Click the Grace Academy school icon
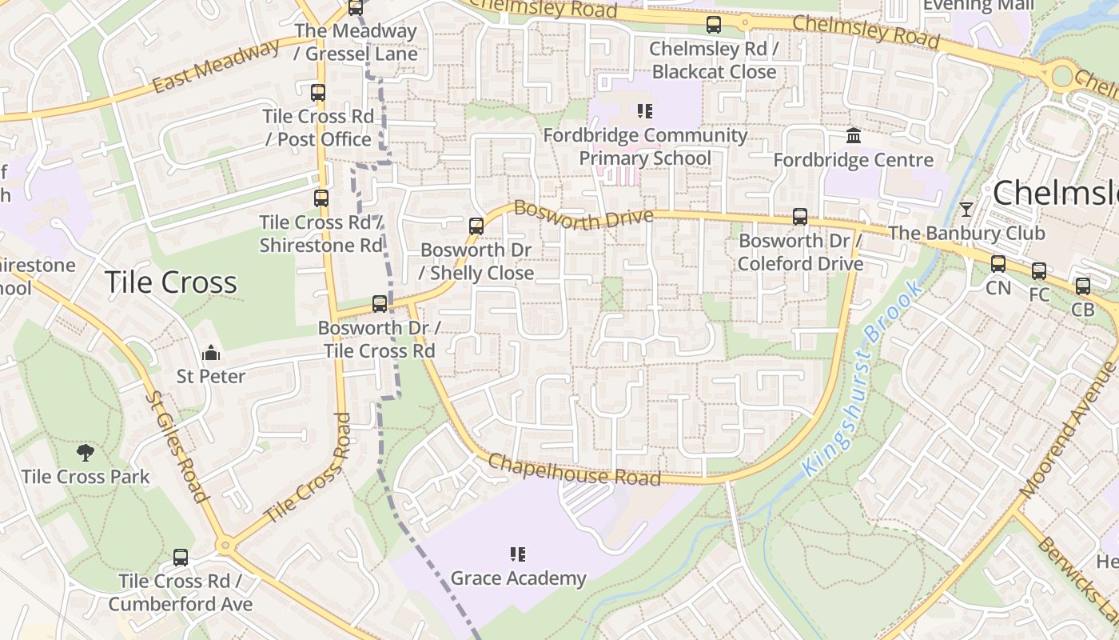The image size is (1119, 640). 517,554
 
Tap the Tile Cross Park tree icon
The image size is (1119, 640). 86,454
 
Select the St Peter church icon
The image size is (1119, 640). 211,353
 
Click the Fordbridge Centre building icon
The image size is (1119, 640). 853,136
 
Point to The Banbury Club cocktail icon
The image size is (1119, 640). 966,210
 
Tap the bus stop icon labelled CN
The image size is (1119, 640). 998,264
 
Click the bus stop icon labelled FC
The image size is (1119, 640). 1038,271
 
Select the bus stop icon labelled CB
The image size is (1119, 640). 1082,286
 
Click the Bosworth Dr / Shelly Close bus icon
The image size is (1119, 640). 476,226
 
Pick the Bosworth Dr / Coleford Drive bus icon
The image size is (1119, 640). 799,217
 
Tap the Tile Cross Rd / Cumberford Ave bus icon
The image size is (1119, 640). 181,558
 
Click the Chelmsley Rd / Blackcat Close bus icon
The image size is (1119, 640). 714,26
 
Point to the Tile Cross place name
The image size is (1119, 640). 171,282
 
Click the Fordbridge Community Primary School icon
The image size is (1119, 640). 644,111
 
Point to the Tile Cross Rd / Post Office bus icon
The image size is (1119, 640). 318,93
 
